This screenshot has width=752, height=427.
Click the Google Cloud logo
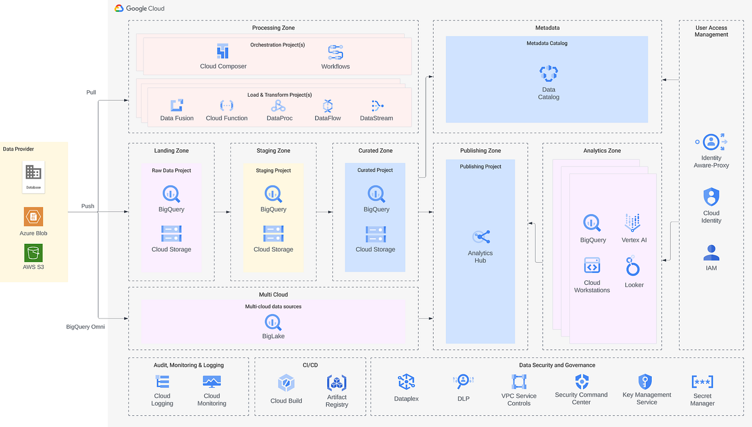coord(119,8)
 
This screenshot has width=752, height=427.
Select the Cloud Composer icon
coord(223,52)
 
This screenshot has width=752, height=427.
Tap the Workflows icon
coord(336,52)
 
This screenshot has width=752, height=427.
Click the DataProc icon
coord(278,106)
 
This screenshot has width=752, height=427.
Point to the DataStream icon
coord(377,106)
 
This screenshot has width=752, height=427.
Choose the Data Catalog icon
coord(548,74)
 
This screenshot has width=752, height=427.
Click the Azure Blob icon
coord(33,217)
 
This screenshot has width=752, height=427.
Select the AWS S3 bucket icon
coord(33,253)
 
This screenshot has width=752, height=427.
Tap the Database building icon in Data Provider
coord(33,173)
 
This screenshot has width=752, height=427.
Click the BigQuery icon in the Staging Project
coord(274,194)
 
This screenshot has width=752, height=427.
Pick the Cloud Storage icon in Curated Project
coord(375,234)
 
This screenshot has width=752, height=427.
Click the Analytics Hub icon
coord(481,237)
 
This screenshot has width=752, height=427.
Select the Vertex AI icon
coord(632,223)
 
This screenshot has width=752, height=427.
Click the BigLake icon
coord(273,322)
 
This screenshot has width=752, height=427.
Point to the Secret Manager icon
coord(702,382)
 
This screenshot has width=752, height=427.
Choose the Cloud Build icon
coord(286,383)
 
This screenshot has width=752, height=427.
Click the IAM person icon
coord(711,253)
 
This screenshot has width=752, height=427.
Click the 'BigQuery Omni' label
coord(85,327)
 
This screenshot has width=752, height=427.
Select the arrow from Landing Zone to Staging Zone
coord(222,212)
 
